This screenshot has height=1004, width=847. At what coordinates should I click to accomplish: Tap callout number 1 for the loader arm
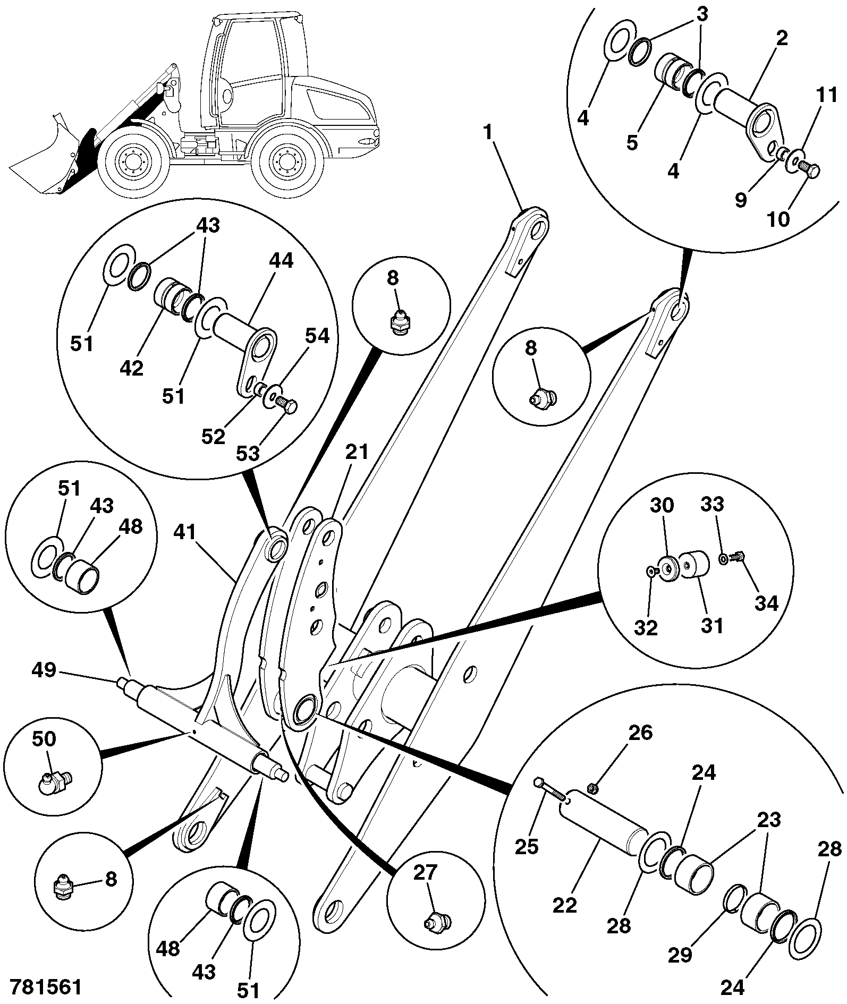click(488, 132)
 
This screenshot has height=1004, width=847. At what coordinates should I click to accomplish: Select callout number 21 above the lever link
click(357, 452)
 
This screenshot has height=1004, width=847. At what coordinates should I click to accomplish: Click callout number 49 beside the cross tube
click(44, 669)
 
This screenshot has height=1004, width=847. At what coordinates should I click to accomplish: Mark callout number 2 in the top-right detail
click(781, 38)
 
